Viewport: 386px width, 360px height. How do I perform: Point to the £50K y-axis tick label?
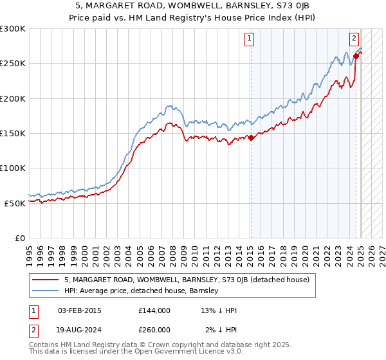pyautogui.click(x=15, y=203)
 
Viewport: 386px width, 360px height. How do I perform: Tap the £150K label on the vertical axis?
pyautogui.click(x=13, y=133)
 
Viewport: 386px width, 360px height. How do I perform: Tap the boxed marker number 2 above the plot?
pyautogui.click(x=354, y=37)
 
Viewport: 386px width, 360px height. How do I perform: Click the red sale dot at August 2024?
pyautogui.click(x=356, y=57)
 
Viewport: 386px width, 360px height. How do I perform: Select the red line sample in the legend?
pyautogui.click(x=46, y=280)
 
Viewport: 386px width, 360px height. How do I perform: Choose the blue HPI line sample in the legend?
pyautogui.click(x=46, y=291)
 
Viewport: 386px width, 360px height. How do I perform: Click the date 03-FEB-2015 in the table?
pyautogui.click(x=79, y=310)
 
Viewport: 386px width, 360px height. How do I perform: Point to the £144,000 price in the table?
pyautogui.click(x=154, y=310)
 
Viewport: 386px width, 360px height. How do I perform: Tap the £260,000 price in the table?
pyautogui.click(x=154, y=329)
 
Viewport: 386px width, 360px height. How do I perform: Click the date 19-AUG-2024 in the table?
pyautogui.click(x=79, y=329)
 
